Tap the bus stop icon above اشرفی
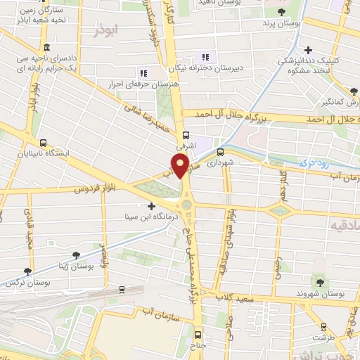pyautogui.click(x=186, y=136)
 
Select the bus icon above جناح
pyautogui.click(x=198, y=335)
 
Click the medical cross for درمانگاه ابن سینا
pyautogui.click(x=151, y=207)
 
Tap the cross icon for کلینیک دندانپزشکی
pyautogui.click(x=308, y=50)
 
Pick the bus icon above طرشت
pyautogui.click(x=323, y=326)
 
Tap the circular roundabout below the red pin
pyautogui.click(x=186, y=205)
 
